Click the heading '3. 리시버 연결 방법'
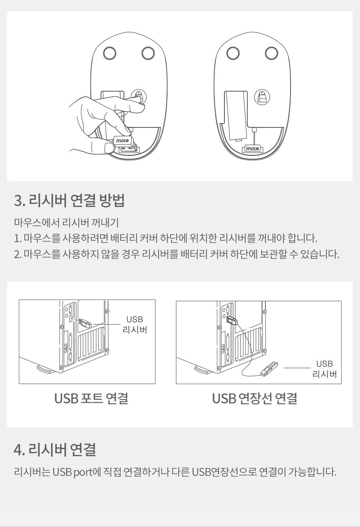(x=69, y=200)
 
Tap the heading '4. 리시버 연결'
(x=55, y=449)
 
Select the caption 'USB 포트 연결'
(x=91, y=398)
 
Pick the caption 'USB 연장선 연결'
(x=255, y=398)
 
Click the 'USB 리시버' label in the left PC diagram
(x=135, y=325)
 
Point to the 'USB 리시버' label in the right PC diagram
(x=324, y=369)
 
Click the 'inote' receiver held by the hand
(x=125, y=144)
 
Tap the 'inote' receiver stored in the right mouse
(x=252, y=148)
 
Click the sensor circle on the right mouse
(x=262, y=97)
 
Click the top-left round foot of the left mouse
(x=110, y=53)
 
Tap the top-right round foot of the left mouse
(x=148, y=53)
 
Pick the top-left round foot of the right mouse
(x=233, y=53)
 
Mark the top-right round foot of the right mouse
(x=271, y=53)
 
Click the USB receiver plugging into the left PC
(x=85, y=323)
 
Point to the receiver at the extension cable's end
(x=270, y=368)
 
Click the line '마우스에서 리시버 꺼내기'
(x=67, y=222)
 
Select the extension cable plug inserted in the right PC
(x=232, y=320)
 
